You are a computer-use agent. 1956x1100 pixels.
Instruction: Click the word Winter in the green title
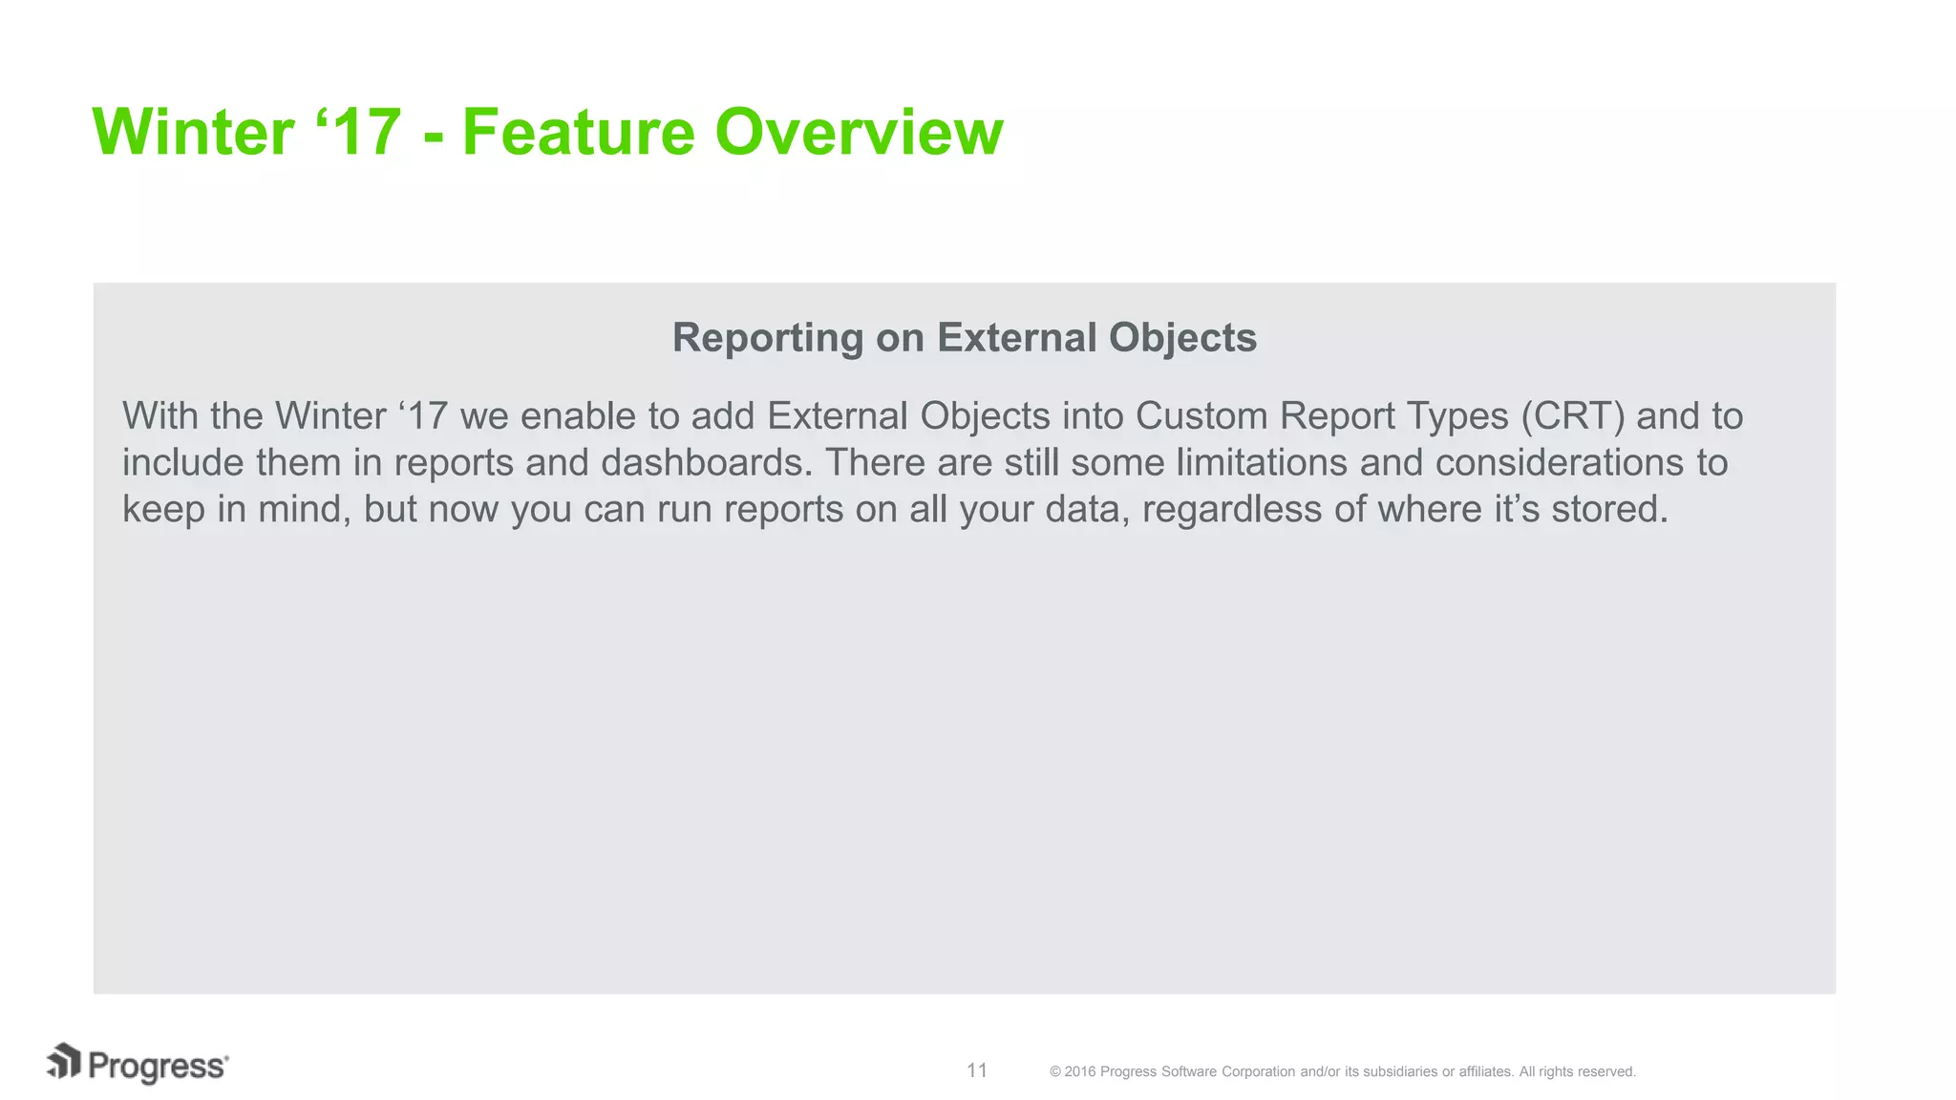(193, 132)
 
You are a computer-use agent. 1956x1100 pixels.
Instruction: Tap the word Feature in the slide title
(578, 132)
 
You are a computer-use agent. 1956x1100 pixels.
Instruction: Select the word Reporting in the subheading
(768, 338)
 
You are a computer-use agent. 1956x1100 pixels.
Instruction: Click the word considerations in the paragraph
(1560, 463)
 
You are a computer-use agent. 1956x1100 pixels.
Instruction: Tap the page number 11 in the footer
(977, 1070)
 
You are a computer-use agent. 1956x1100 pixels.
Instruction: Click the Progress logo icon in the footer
(64, 1062)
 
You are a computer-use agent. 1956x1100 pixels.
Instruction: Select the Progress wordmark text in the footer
(158, 1067)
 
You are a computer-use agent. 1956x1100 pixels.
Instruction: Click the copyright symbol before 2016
(1055, 1072)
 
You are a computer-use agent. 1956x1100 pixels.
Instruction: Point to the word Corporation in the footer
(1259, 1072)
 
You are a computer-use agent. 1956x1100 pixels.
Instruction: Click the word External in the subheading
(1016, 338)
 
